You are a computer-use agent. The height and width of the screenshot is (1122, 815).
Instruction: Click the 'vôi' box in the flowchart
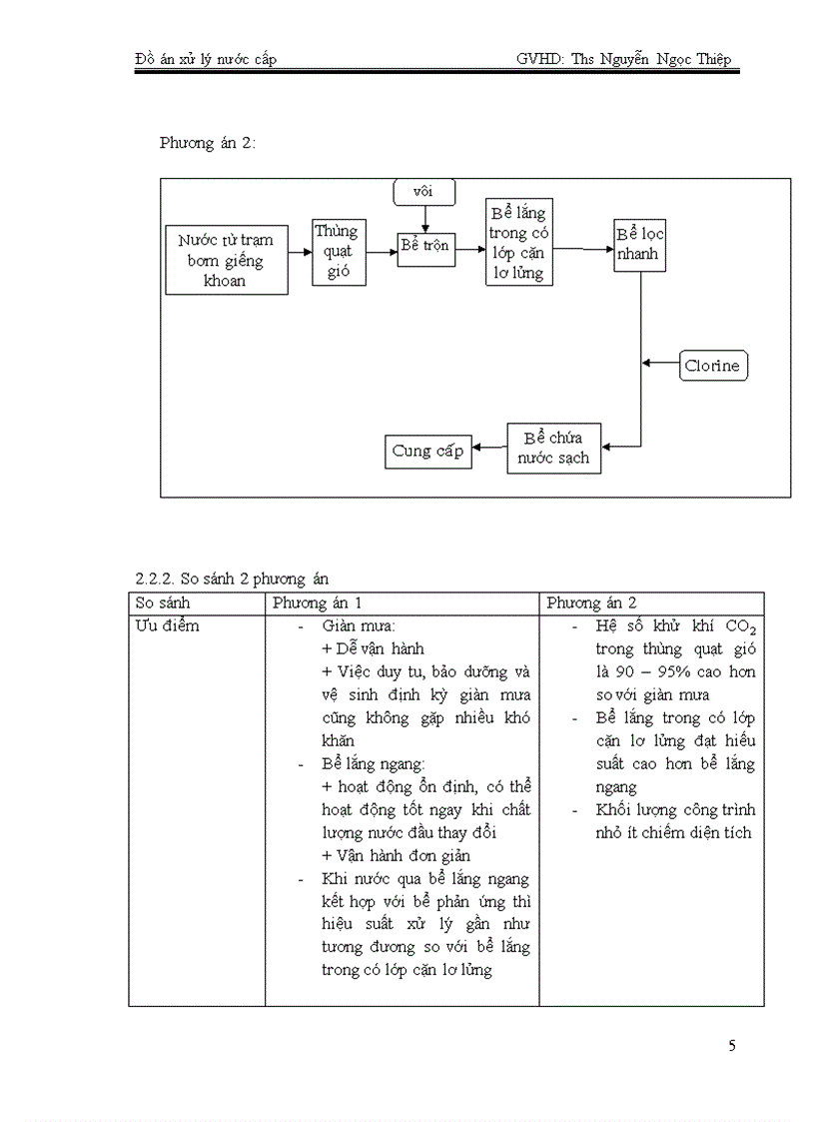[425, 190]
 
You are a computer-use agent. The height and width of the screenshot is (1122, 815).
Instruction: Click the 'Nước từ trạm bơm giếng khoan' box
[226, 260]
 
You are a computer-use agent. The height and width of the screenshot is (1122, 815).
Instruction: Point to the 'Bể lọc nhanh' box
[639, 246]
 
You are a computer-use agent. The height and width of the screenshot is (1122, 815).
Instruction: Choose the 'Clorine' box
[712, 366]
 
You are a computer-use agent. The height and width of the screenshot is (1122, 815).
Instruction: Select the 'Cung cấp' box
[427, 452]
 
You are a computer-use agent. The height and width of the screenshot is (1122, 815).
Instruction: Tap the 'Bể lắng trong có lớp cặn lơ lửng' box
[518, 242]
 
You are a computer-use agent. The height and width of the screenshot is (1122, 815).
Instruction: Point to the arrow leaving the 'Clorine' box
[660, 364]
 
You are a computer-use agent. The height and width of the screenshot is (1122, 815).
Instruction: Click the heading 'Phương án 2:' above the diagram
[207, 143]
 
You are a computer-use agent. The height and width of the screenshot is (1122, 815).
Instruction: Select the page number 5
[732, 1046]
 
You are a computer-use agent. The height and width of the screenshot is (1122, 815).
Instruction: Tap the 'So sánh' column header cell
[163, 603]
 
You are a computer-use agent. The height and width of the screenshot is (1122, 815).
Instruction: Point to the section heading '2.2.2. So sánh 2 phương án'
[232, 578]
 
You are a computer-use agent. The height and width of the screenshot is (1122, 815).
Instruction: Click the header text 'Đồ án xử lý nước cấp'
[206, 60]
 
